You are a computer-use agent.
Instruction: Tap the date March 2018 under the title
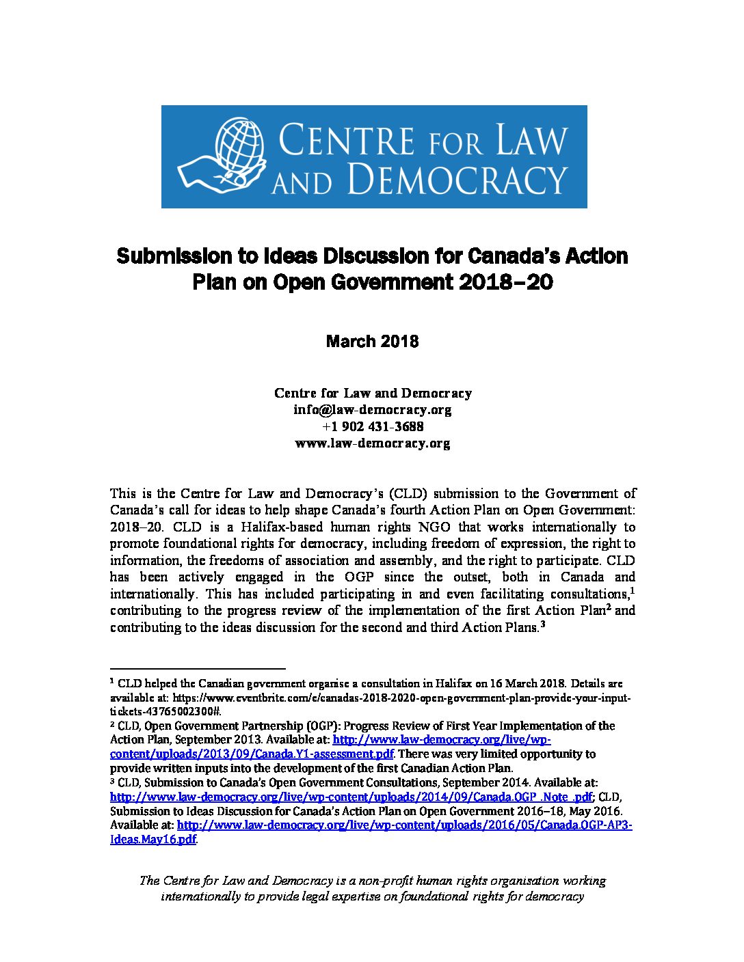[x=372, y=341]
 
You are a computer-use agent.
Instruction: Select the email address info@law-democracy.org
[x=372, y=410]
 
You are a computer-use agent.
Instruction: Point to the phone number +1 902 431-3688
[x=372, y=426]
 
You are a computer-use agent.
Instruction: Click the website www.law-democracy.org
[x=372, y=443]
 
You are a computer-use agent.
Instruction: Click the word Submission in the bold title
[x=174, y=256]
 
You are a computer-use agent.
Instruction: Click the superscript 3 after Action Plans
[x=542, y=624]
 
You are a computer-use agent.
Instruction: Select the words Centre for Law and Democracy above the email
[x=373, y=393]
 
